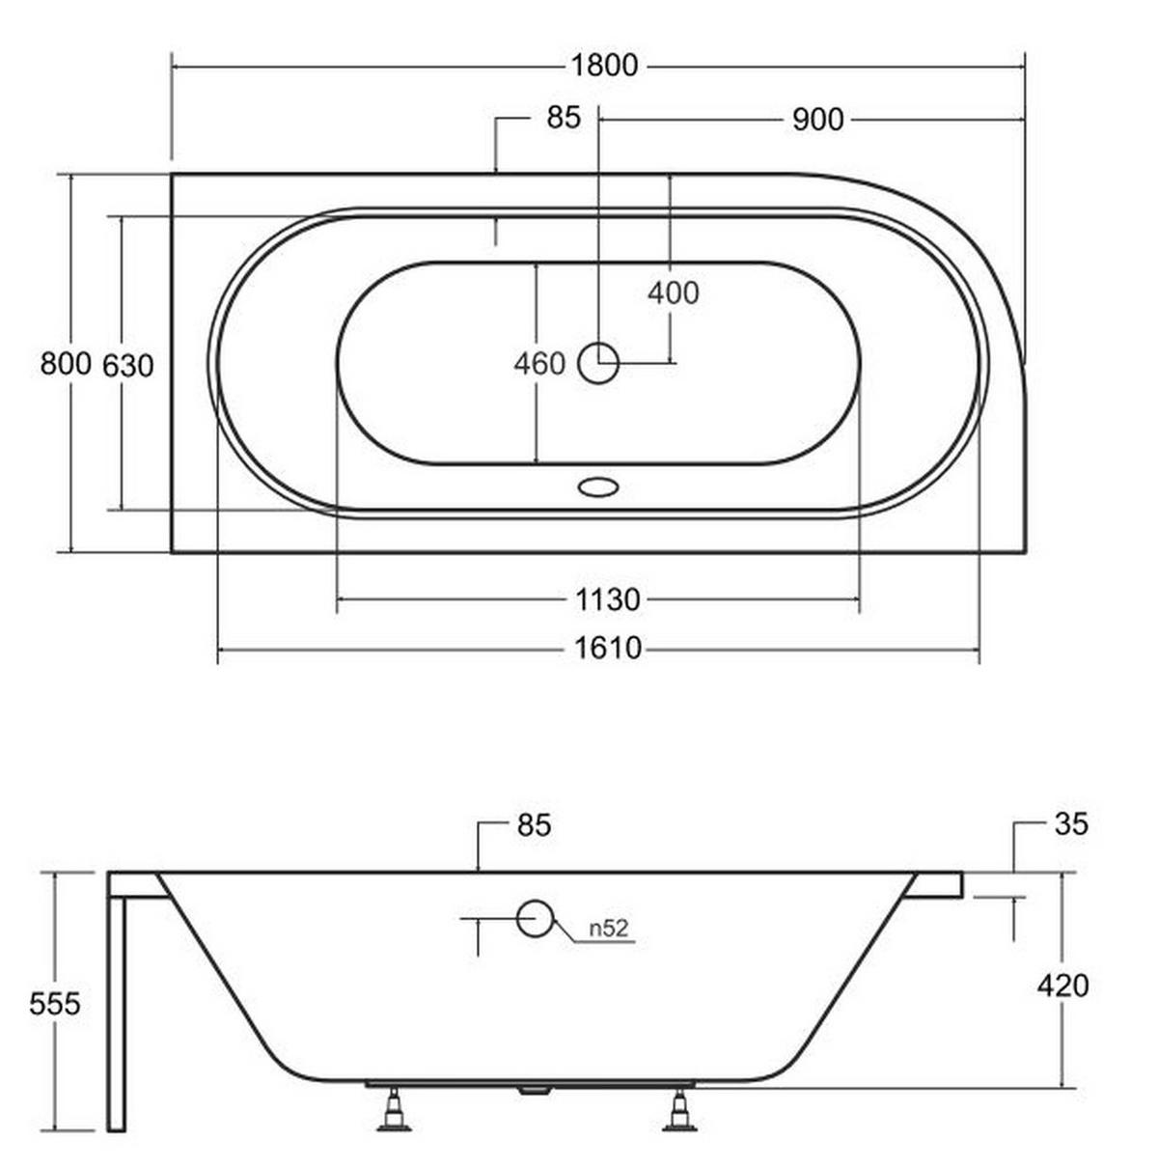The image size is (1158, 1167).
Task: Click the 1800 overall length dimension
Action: click(604, 66)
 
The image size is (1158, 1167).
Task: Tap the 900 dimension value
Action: click(817, 120)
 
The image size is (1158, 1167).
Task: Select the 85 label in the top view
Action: click(564, 118)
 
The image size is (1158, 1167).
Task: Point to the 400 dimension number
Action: click(673, 293)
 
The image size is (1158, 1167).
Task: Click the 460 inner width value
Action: click(539, 364)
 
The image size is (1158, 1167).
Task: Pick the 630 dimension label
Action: click(127, 365)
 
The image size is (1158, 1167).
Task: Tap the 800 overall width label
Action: click(66, 364)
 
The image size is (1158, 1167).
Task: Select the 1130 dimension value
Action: click(607, 600)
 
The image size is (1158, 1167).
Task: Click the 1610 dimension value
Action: click(607, 648)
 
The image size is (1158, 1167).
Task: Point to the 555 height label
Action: click(54, 1004)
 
